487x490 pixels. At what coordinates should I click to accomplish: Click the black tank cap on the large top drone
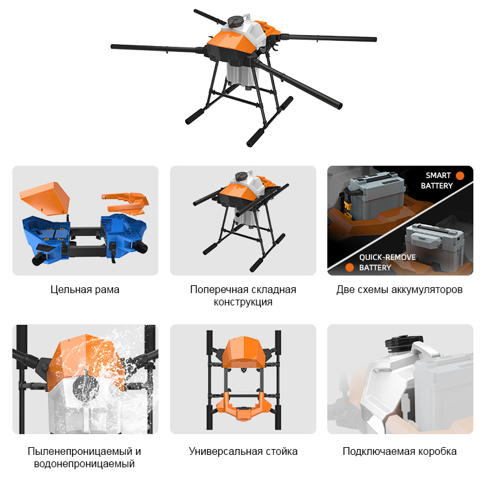235,21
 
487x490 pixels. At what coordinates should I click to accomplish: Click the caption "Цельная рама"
85,290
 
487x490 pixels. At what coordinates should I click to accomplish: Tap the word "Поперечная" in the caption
211,290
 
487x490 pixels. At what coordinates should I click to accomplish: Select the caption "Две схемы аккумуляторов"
399,290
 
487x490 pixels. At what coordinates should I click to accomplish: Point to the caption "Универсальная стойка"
243,452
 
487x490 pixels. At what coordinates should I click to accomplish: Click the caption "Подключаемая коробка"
399,452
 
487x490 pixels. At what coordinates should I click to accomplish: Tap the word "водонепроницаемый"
84,464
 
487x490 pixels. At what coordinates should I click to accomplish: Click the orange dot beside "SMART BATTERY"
460,175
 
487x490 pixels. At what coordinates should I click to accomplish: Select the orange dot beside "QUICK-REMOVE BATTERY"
349,268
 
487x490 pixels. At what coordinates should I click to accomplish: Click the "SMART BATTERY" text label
436,181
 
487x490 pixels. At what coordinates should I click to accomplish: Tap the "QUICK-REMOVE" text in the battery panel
388,257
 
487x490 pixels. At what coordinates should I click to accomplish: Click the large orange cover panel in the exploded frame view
45,198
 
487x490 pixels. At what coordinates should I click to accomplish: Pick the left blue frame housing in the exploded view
46,239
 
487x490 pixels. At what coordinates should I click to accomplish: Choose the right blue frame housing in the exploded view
123,235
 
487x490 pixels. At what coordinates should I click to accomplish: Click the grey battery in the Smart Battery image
377,196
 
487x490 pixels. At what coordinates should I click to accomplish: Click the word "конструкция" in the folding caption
243,302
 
